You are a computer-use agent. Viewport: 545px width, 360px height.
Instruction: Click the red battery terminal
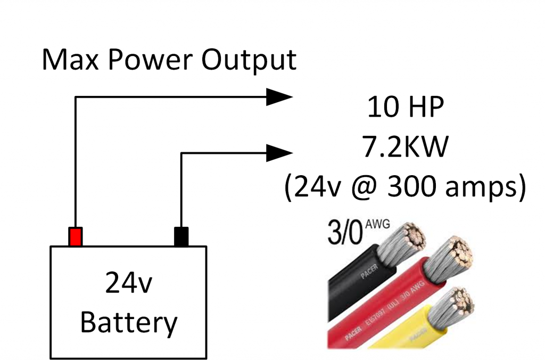tap(76, 236)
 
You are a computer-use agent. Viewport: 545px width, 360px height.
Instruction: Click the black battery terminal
tap(181, 236)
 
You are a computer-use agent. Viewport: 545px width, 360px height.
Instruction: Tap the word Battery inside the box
tap(128, 322)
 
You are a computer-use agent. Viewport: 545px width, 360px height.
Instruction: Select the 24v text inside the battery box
tap(128, 284)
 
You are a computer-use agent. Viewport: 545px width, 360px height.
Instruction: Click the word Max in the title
tap(68, 60)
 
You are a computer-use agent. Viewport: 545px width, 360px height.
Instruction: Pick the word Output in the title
tap(249, 60)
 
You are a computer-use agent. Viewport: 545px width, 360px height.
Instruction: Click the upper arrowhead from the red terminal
tap(280, 96)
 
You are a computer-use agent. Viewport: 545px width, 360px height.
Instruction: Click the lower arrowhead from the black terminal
tap(280, 153)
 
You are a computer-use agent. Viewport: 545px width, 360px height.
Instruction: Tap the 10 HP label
tap(405, 109)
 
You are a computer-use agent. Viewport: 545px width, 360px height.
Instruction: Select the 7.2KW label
tap(405, 149)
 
